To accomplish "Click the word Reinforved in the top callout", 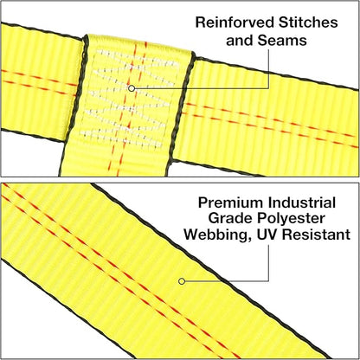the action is pyautogui.click(x=235, y=22).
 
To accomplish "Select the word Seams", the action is pyautogui.click(x=282, y=41).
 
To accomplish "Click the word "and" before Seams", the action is pyautogui.click(x=240, y=41).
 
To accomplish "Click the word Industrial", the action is pyautogui.click(x=302, y=202).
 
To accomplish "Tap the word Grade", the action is pyautogui.click(x=230, y=219).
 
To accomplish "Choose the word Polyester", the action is pyautogui.click(x=291, y=219).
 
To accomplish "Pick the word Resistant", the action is pyautogui.click(x=316, y=235).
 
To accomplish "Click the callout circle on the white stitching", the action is pyautogui.click(x=132, y=88).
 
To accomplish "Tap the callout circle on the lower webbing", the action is pyautogui.click(x=182, y=281).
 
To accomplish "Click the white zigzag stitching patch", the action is pyautogui.click(x=129, y=98).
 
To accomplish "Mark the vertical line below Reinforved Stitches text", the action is pyautogui.click(x=269, y=68).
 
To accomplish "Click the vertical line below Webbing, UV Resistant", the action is pyautogui.click(x=269, y=263).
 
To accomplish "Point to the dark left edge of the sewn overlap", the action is pyautogui.click(x=72, y=106).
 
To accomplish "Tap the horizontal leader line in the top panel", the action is pyautogui.click(x=202, y=88).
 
